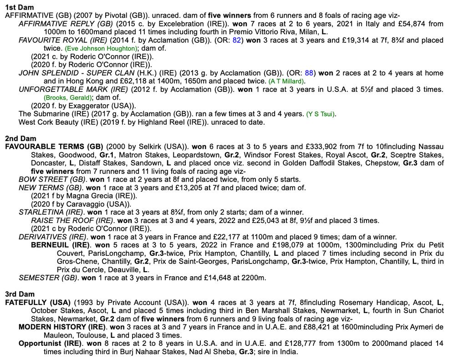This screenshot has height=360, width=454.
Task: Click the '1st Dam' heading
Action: click(x=16, y=7)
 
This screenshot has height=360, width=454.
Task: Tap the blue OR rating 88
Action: click(x=309, y=73)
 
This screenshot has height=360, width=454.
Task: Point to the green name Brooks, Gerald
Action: click(x=67, y=97)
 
